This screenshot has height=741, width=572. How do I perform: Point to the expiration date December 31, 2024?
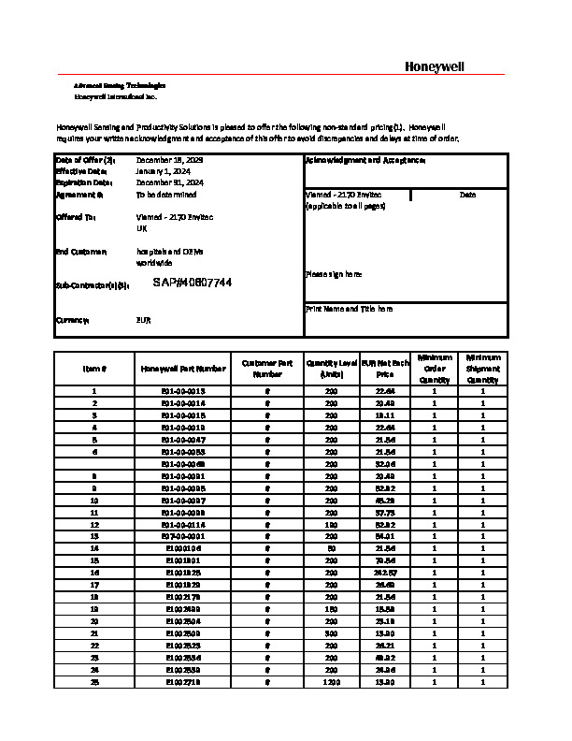click(x=169, y=183)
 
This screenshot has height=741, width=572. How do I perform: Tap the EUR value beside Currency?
click(x=144, y=320)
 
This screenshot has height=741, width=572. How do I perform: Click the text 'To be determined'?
click(x=166, y=195)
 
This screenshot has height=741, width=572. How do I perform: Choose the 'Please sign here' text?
click(x=334, y=274)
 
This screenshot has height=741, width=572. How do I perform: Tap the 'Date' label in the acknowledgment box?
click(x=468, y=195)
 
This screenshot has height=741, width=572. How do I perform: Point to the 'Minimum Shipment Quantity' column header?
click(x=483, y=369)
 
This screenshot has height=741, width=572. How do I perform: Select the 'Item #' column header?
click(x=94, y=369)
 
